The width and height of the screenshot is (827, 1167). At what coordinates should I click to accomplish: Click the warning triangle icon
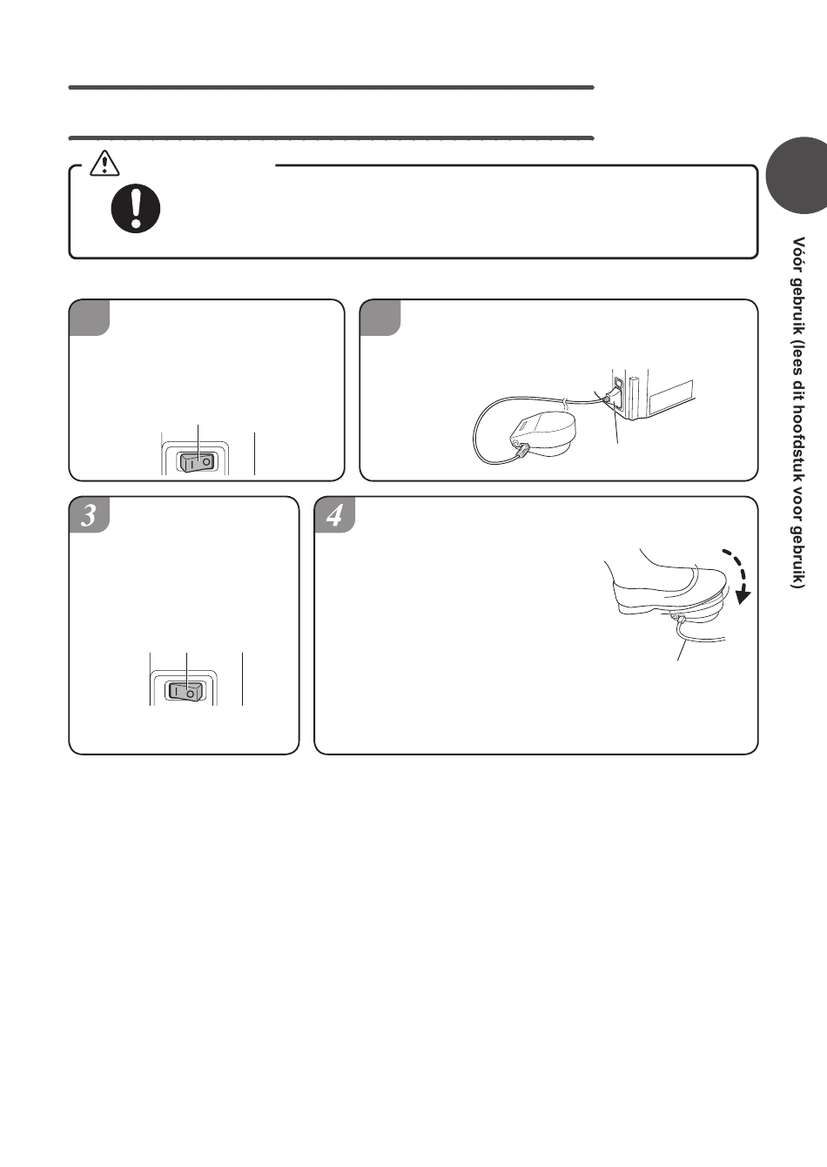[x=104, y=163]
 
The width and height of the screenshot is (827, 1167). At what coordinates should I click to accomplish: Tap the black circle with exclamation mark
[x=136, y=208]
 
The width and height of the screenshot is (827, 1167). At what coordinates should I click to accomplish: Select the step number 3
[x=89, y=515]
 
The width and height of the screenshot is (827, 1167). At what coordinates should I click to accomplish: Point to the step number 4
[x=334, y=515]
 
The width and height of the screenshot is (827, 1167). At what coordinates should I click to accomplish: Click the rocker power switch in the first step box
[x=197, y=462]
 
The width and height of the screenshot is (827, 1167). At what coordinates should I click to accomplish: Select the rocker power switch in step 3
[x=185, y=691]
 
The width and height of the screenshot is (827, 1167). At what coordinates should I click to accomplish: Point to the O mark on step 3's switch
[x=191, y=694]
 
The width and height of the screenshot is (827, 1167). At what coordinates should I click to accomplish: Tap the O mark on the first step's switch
[x=207, y=461]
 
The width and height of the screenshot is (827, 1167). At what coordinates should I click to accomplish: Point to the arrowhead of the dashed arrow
[x=744, y=596]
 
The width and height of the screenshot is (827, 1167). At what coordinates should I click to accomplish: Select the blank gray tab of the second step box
[x=380, y=318]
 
